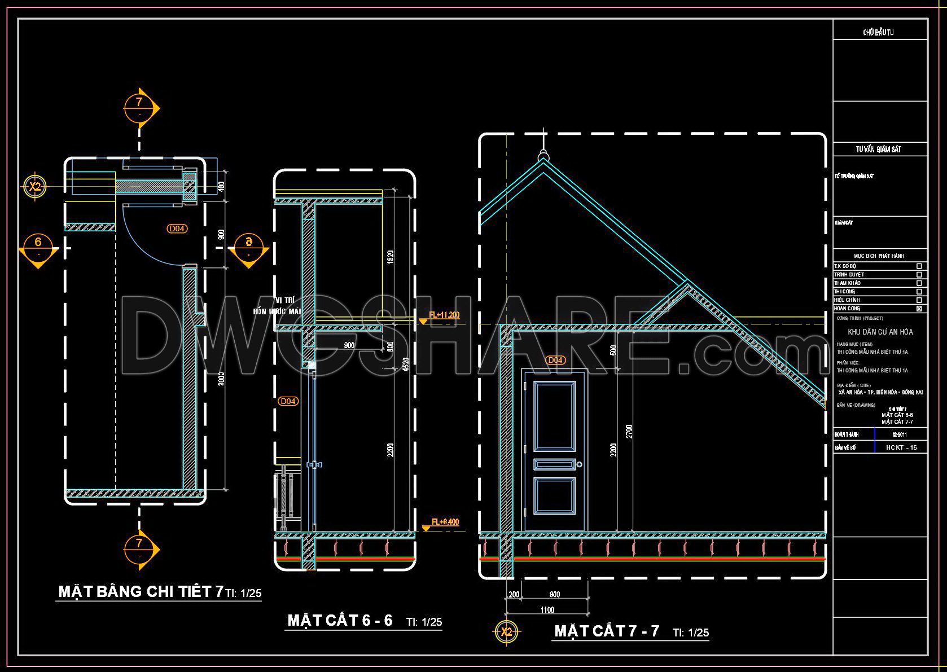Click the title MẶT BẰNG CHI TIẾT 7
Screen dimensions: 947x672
pyautogui.click(x=141, y=591)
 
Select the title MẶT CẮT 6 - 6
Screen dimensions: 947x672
pyautogui.click(x=340, y=621)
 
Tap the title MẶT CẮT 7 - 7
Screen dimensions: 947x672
pyautogui.click(x=607, y=631)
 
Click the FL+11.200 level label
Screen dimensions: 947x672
pyautogui.click(x=444, y=315)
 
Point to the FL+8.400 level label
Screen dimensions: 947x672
pyautogui.click(x=445, y=522)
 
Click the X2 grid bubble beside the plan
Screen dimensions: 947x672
pyautogui.click(x=35, y=186)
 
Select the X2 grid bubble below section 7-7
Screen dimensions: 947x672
pyautogui.click(x=506, y=632)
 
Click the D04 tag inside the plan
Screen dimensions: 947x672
pyautogui.click(x=177, y=229)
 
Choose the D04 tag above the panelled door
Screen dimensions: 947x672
pyautogui.click(x=555, y=360)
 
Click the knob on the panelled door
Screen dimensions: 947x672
pyautogui.click(x=579, y=464)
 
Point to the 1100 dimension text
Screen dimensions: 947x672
pyautogui.click(x=547, y=609)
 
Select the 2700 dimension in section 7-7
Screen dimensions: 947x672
pyautogui.click(x=629, y=431)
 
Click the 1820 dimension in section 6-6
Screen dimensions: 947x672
pyautogui.click(x=391, y=257)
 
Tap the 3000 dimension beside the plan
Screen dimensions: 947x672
pyautogui.click(x=221, y=378)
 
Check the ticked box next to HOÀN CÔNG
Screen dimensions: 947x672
pyautogui.click(x=919, y=309)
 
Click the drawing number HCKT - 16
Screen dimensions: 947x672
pyautogui.click(x=901, y=447)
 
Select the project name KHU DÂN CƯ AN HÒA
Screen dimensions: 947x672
pyautogui.click(x=880, y=332)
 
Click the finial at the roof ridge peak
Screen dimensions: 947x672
pyautogui.click(x=543, y=154)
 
